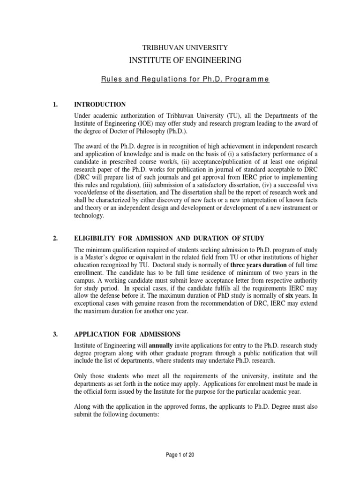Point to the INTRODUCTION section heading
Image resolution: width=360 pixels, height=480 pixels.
click(100, 104)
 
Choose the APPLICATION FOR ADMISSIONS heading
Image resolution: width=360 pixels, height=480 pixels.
click(127, 334)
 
